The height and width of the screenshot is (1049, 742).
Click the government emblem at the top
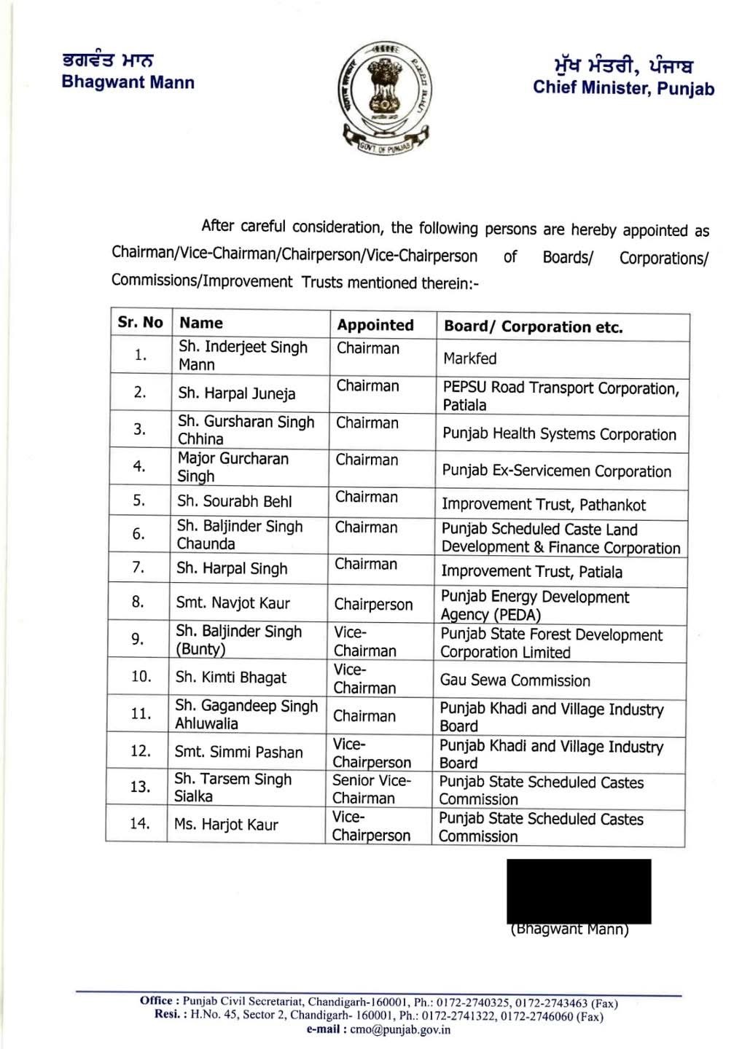(383, 95)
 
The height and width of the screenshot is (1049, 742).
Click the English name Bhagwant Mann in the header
(128, 82)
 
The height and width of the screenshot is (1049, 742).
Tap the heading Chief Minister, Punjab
(623, 88)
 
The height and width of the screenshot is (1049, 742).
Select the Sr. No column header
(140, 322)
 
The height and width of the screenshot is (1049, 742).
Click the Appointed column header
(375, 325)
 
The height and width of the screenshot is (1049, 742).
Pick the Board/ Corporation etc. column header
(534, 327)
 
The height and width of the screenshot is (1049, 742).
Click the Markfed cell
(470, 358)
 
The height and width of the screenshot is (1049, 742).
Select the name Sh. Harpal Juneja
(237, 393)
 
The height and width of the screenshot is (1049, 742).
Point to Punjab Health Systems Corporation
(559, 434)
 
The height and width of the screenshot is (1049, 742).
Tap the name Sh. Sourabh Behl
(234, 501)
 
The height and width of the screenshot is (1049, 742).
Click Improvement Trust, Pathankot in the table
(543, 504)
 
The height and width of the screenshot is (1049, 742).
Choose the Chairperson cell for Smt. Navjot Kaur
(373, 605)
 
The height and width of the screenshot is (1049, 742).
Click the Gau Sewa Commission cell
(515, 680)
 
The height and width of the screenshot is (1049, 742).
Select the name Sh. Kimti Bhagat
(231, 677)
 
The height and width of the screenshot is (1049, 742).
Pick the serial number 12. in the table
(140, 750)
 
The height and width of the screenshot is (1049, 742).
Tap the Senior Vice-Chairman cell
(372, 789)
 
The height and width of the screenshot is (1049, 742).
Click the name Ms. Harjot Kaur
(226, 825)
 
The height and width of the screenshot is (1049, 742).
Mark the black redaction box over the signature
(579, 890)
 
